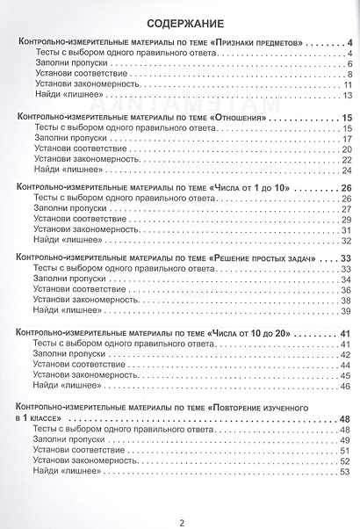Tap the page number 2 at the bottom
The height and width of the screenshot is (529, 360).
181,502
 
